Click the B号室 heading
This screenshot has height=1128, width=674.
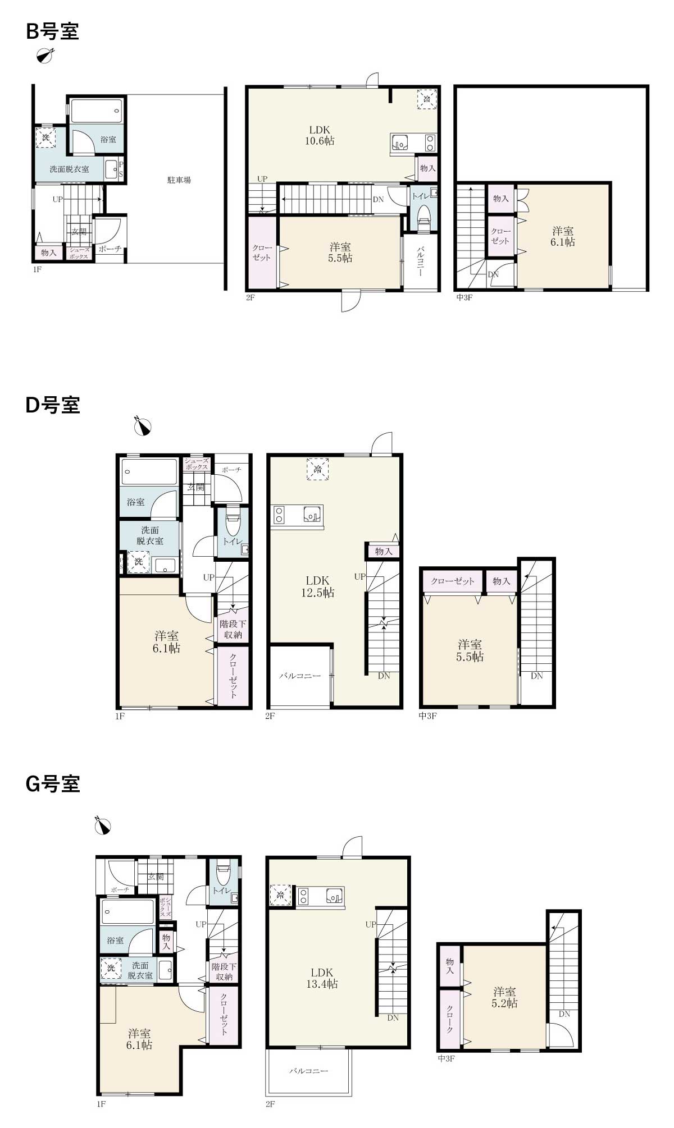52,31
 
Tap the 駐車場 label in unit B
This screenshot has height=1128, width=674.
179,180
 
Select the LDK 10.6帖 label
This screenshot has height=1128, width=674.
320,135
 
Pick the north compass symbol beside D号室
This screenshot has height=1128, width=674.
143,427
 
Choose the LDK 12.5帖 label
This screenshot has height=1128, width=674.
318,586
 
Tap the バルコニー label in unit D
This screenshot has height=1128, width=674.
300,676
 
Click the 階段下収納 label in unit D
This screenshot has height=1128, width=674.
233,629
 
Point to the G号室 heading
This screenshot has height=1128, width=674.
53,783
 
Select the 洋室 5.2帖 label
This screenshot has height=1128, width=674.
504,997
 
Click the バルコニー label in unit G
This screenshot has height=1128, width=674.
308,1071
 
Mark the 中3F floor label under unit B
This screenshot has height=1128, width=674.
464,297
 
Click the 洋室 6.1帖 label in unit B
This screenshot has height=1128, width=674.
562,236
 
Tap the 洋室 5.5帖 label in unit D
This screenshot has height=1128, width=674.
470,651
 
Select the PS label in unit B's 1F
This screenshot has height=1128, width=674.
121,169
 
